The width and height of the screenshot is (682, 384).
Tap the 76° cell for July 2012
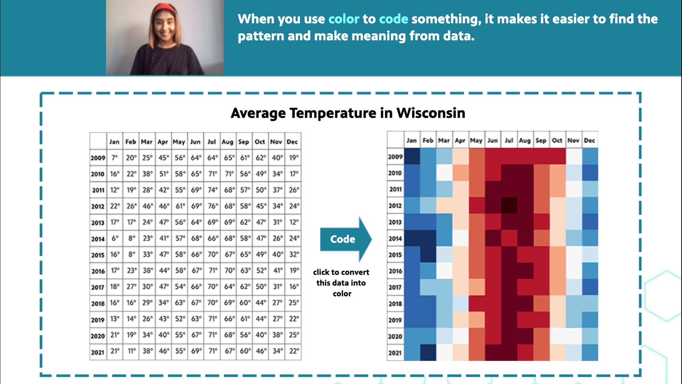click(212, 206)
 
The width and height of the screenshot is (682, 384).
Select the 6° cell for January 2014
click(115, 238)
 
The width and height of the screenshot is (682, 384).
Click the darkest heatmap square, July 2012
click(509, 206)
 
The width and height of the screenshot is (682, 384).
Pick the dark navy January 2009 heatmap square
click(412, 157)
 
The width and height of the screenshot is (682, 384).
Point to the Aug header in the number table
click(227, 142)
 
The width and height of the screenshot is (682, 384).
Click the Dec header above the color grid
click(590, 140)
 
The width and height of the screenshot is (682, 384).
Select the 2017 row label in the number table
click(98, 287)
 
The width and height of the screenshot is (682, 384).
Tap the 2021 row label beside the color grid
click(395, 353)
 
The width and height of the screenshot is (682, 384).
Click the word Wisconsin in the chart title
click(431, 113)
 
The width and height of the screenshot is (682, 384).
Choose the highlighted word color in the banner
click(343, 19)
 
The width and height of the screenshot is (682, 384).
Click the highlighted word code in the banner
click(393, 19)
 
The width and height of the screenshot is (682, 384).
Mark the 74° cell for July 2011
click(212, 190)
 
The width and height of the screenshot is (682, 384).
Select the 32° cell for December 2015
click(293, 255)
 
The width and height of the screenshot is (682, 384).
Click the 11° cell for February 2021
click(131, 351)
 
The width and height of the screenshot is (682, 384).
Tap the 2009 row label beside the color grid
click(395, 157)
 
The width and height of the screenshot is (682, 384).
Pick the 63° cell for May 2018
click(180, 303)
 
